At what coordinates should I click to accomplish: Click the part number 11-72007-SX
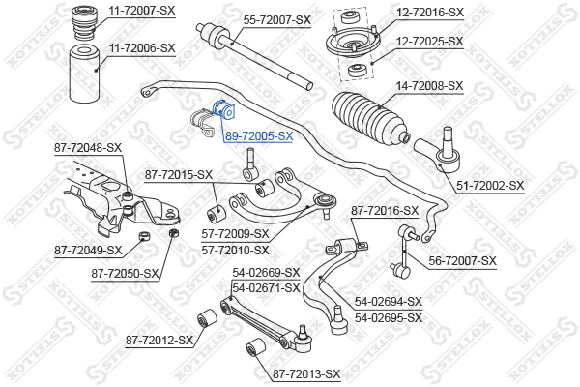point(141,11)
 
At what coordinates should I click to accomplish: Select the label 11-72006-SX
point(141,46)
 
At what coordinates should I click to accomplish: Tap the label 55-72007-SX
point(276,19)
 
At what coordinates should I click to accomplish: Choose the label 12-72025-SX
point(430,42)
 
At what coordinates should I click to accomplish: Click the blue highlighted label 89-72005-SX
point(258,136)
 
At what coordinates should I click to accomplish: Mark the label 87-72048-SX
point(89,147)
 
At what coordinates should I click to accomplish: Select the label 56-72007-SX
point(462,260)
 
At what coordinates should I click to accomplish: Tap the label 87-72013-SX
point(306,373)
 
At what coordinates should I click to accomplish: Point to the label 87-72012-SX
point(159,340)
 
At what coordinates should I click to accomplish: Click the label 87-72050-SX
point(126,274)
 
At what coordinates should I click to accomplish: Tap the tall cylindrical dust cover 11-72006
point(86,77)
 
